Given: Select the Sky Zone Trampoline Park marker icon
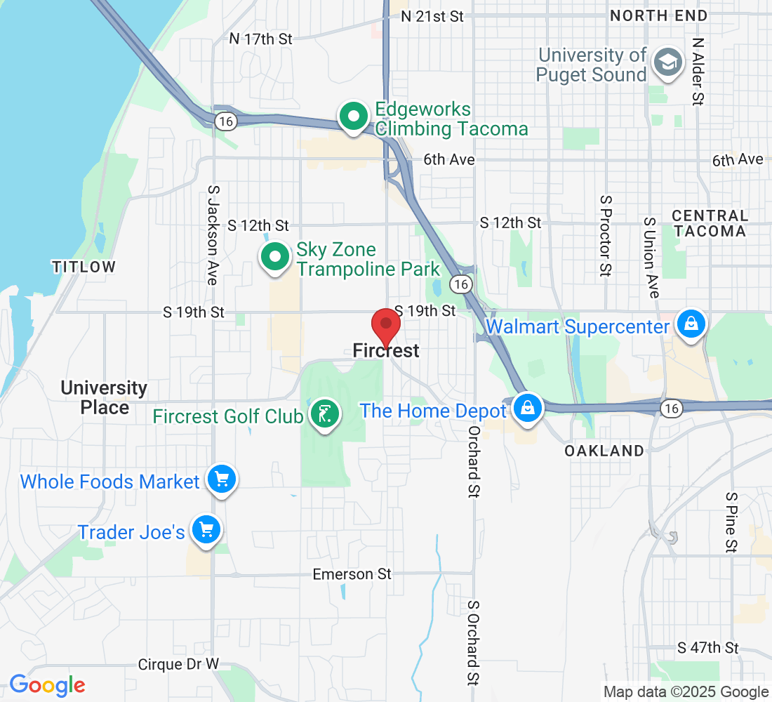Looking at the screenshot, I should coord(275,258).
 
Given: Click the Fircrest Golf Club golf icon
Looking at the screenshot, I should coord(324,415).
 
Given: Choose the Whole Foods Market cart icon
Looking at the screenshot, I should coord(222,480).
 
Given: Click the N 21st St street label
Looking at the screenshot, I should coord(432,15).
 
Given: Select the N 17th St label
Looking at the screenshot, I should coord(261,39).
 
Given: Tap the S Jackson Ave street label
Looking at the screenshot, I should coord(213,234).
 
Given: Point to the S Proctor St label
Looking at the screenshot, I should coord(605,235).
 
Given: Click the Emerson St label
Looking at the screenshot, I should coord(352,574).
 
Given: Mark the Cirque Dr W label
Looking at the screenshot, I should coord(178,664).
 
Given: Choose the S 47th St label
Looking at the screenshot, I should coord(708,647).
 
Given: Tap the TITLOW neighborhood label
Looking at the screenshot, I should coord(84,267).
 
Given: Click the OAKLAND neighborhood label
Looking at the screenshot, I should coord(604,451).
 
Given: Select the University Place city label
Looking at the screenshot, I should coord(104,397).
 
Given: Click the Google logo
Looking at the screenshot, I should coord(47,685).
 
